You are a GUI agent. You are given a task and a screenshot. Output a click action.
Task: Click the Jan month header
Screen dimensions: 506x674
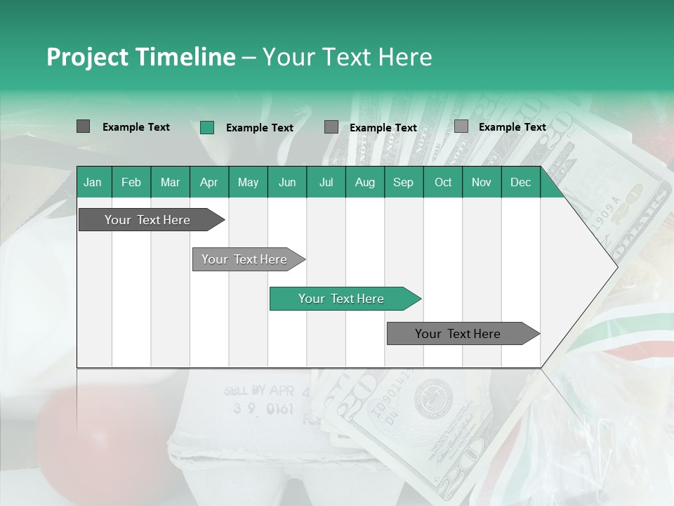pos(93,182)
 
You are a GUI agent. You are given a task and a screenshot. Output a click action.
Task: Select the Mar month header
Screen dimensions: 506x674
pos(170,182)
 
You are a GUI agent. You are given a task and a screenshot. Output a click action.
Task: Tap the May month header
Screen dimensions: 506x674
pos(248,182)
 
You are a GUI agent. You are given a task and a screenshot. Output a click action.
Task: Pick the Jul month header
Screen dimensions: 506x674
pos(326,182)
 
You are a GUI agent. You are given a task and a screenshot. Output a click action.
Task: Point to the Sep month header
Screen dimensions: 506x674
pos(403,182)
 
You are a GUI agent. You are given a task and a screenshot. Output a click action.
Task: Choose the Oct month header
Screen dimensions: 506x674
pos(443,182)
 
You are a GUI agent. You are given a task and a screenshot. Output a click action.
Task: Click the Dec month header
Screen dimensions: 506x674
pos(520,182)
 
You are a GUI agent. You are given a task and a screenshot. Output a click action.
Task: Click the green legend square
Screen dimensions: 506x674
pos(206,127)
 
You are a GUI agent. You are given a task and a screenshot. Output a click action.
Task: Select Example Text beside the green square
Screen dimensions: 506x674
pos(259,128)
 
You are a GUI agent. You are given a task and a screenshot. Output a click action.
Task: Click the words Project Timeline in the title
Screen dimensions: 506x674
pos(140,57)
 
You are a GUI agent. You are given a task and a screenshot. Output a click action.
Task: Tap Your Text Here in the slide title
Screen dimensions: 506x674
pos(347,57)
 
